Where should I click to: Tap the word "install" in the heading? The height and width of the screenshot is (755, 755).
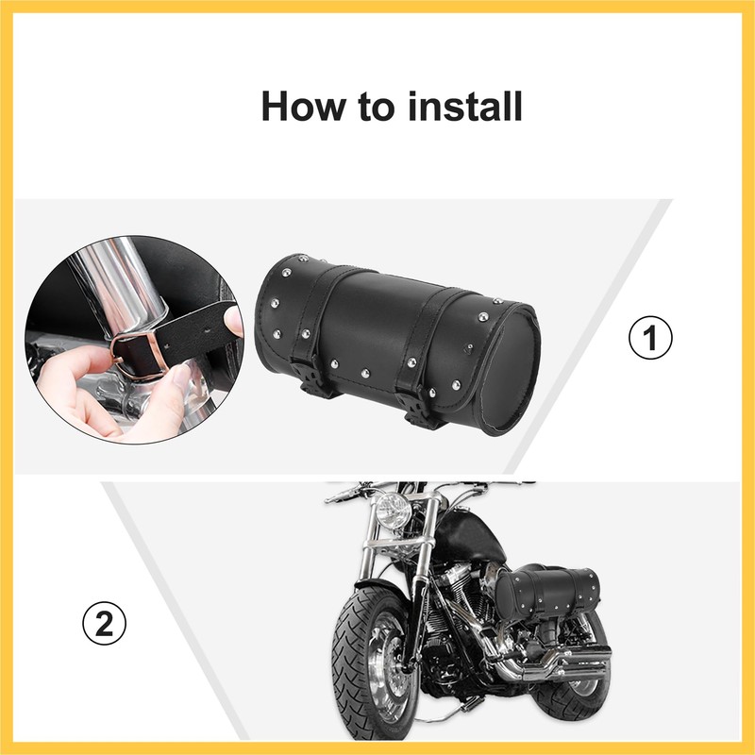(x=466, y=106)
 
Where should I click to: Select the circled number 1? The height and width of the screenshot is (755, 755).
(x=650, y=337)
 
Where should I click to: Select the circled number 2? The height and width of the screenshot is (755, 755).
(x=105, y=624)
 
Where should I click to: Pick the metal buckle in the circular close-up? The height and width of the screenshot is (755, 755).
(x=142, y=353)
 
